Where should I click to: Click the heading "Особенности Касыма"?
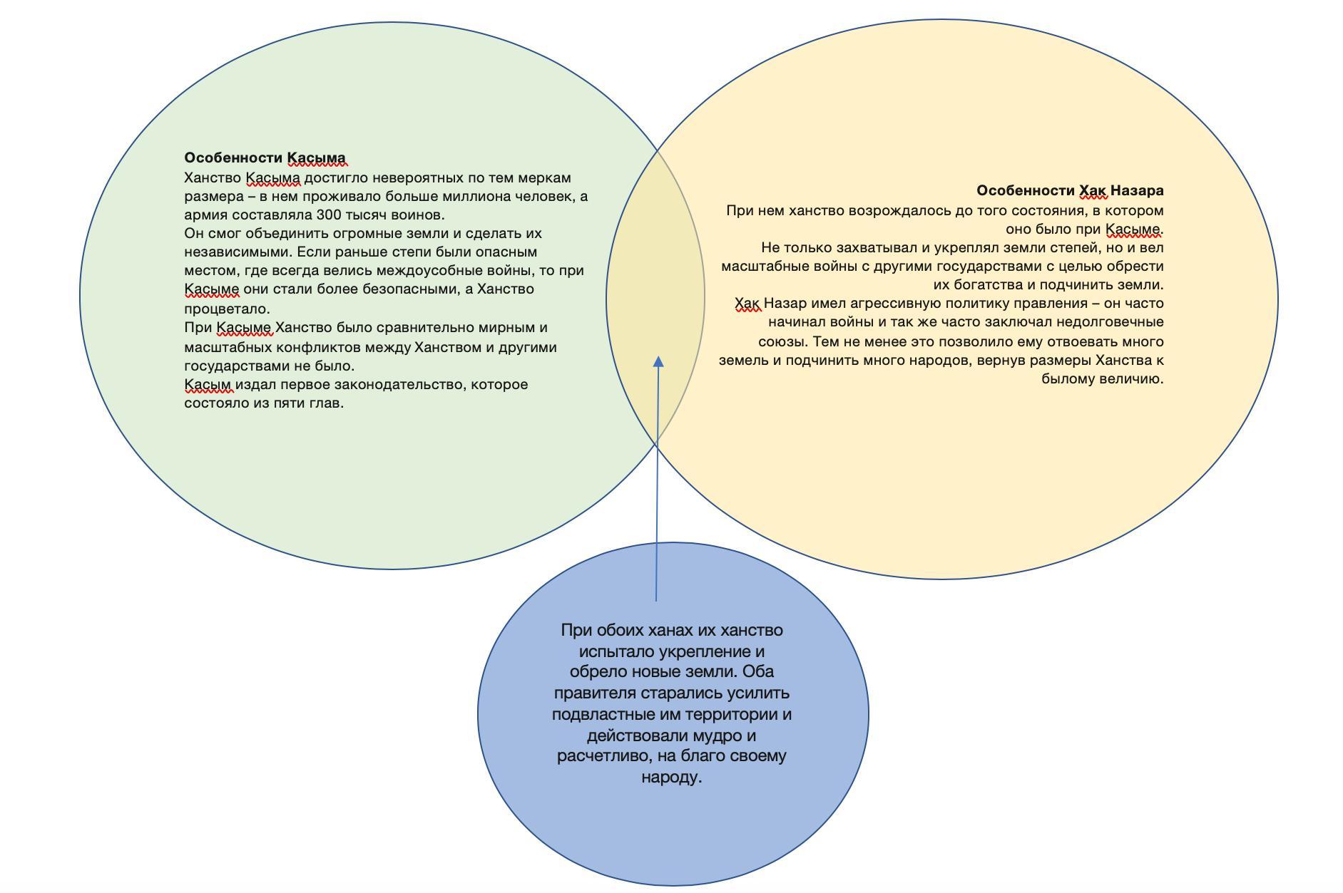tap(265, 158)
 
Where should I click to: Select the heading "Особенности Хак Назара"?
tap(1070, 191)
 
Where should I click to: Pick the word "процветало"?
tap(226, 309)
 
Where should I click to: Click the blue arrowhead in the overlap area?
tap(658, 362)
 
